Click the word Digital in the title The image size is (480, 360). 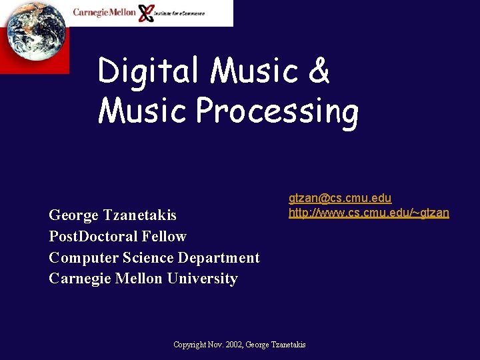tap(148, 71)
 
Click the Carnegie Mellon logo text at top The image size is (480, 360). tap(104, 12)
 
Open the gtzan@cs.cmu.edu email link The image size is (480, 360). tap(340, 198)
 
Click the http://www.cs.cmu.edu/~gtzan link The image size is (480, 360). tap(369, 213)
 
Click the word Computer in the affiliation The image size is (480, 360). tap(79, 258)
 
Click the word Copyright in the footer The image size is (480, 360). tap(189, 345)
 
